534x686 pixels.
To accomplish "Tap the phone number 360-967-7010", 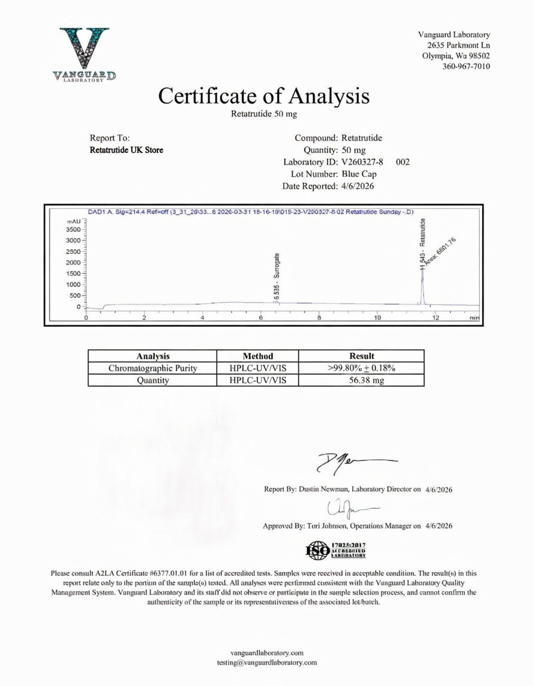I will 467,66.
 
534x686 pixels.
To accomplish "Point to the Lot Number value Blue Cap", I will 359,174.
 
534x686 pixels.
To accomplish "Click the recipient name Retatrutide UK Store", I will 126,150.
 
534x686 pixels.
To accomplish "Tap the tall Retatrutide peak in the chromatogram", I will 422,280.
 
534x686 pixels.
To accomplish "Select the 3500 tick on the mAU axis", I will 72,229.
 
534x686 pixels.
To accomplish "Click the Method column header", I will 257,356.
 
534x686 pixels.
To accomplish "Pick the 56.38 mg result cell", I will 361,380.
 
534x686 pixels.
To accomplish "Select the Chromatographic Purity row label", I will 153,368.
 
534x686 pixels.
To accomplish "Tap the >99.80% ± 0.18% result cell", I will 361,368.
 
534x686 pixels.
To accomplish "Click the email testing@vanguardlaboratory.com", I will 267,662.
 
